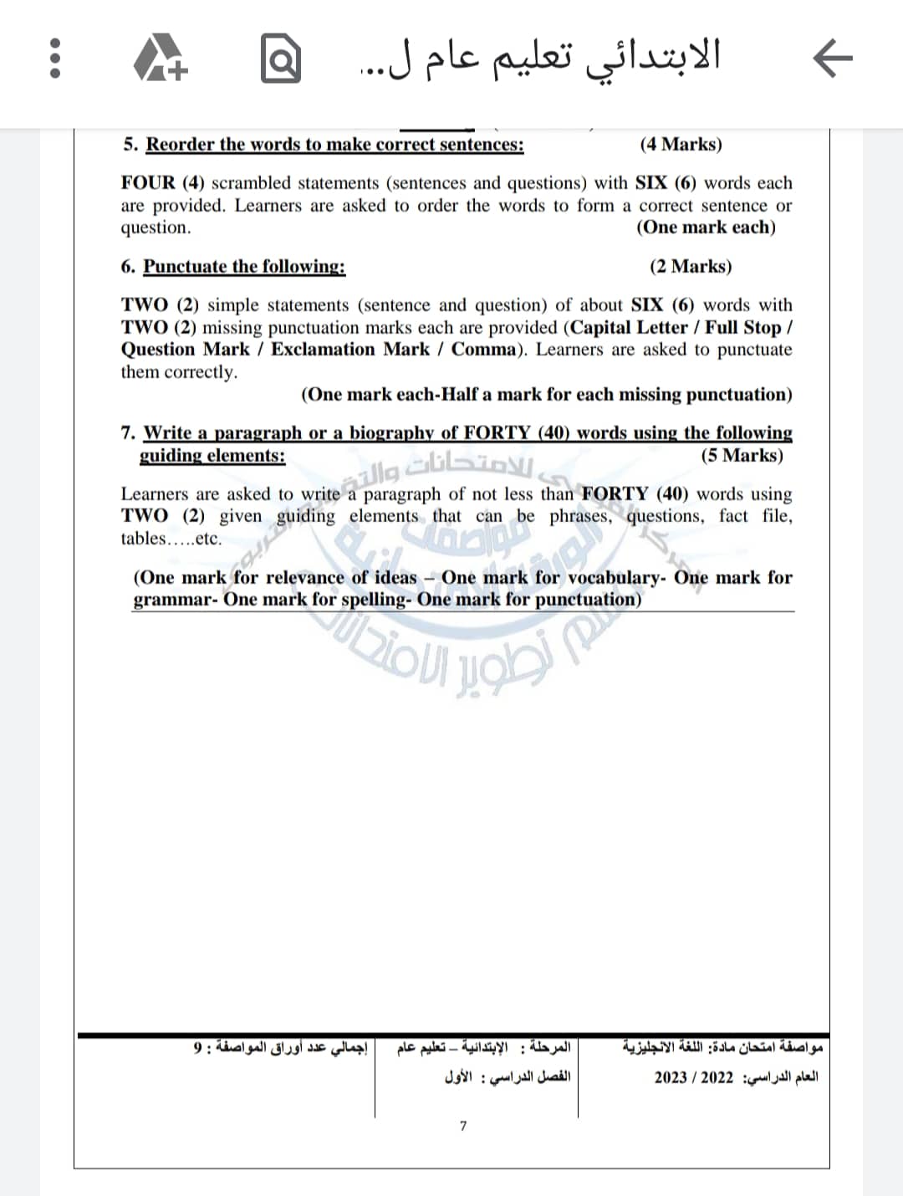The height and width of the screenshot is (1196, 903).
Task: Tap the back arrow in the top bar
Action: click(x=833, y=59)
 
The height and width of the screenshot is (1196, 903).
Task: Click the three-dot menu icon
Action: click(x=55, y=59)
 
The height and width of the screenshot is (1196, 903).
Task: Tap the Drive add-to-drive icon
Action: click(x=162, y=59)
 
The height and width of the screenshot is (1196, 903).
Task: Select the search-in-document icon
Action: click(x=280, y=59)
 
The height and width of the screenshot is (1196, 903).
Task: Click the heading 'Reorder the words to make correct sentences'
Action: click(x=334, y=145)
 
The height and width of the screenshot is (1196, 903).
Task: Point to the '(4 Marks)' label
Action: click(x=681, y=145)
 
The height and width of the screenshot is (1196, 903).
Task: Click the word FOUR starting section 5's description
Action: click(x=149, y=183)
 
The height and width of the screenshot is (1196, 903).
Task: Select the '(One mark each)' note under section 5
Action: click(x=706, y=227)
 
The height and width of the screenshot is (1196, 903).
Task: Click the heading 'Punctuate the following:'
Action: click(x=244, y=267)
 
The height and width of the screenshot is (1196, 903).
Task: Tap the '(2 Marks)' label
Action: click(x=690, y=267)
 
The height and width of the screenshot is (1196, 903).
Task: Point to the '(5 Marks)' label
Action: click(x=742, y=456)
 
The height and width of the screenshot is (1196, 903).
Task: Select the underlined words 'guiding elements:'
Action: click(x=212, y=456)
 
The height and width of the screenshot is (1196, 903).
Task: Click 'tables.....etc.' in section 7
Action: click(x=171, y=539)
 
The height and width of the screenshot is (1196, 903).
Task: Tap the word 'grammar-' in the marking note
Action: click(x=175, y=600)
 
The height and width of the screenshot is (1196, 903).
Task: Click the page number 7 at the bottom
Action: click(x=463, y=1126)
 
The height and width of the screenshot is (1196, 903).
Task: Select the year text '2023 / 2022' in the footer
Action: click(x=693, y=1077)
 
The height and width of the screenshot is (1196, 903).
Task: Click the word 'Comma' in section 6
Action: click(x=483, y=350)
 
